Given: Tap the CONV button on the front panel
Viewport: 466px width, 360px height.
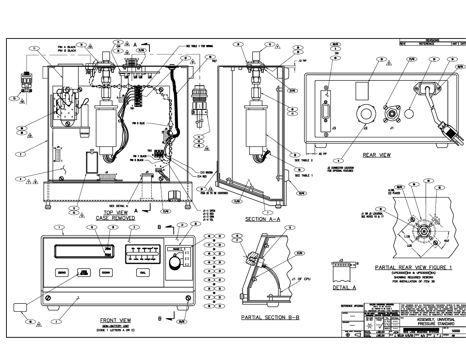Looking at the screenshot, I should tap(106, 272).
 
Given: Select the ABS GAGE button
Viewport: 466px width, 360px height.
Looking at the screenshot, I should tap(83, 272).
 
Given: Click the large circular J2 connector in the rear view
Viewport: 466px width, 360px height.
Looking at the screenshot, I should tap(366, 114).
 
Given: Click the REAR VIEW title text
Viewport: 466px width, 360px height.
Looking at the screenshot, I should tap(376, 155).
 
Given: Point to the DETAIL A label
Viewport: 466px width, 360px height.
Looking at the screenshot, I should tap(344, 288).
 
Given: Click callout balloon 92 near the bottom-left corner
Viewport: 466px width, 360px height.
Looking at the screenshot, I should tap(29, 322).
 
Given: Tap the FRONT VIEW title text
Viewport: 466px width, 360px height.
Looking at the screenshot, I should tap(115, 320).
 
